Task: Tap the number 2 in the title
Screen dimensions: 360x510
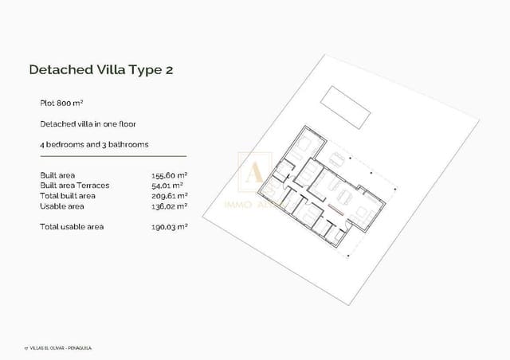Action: click(168, 70)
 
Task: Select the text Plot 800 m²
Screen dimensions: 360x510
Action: click(62, 104)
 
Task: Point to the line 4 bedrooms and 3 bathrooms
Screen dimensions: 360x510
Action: click(94, 144)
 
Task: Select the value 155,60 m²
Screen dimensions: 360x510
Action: click(169, 174)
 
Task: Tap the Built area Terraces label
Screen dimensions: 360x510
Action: click(74, 185)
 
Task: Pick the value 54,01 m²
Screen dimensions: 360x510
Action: click(167, 185)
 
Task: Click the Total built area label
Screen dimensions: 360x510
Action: click(68, 195)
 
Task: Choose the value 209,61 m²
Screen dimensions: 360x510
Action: click(169, 195)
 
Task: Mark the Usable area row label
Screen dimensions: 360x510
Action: click(61, 205)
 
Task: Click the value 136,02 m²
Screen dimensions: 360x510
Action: click(169, 205)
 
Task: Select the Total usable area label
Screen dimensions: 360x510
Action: click(72, 227)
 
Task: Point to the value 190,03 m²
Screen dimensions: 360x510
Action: click(169, 227)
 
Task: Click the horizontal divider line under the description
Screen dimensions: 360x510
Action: click(113, 156)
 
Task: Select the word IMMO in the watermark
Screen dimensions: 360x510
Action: click(239, 205)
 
